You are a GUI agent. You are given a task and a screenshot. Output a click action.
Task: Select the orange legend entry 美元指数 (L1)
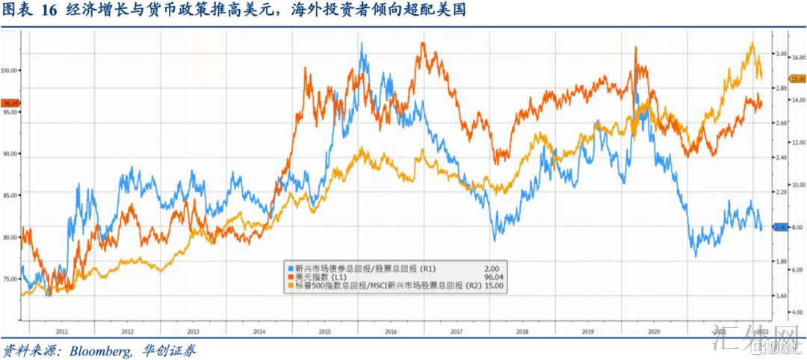click(321, 277)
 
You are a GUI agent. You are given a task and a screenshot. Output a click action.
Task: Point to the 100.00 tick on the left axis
click(10, 70)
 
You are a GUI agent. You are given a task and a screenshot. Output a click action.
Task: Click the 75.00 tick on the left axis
click(10, 279)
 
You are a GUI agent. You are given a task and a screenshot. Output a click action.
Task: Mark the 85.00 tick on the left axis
click(10, 195)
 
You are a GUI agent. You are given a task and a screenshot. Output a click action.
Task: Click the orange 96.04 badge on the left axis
click(11, 103)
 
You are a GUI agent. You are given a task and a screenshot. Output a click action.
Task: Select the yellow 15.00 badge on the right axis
click(797, 78)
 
